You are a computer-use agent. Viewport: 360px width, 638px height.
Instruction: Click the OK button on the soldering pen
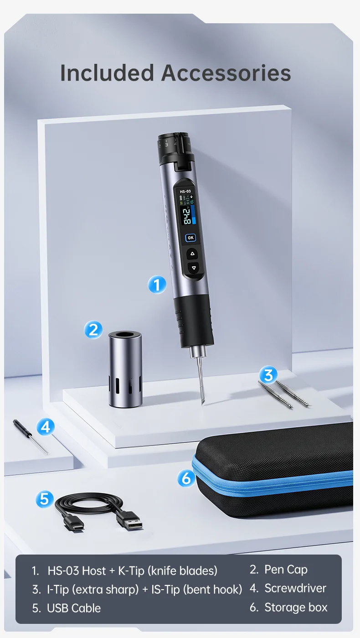190,238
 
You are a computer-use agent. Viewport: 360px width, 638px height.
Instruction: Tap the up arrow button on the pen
192,254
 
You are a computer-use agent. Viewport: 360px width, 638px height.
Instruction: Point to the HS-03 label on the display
185,192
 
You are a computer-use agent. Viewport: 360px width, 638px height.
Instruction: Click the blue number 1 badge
157,285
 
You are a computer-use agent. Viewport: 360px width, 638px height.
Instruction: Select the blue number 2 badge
93,330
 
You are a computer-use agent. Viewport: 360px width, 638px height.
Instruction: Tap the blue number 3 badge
268,375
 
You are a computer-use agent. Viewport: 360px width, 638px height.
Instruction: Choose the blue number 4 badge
46,427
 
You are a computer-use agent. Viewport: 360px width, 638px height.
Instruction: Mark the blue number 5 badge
45,499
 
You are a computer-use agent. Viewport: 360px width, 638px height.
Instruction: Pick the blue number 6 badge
186,478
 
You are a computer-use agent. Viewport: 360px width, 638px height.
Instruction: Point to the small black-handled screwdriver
31,437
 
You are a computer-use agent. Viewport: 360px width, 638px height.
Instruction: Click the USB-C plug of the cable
74,523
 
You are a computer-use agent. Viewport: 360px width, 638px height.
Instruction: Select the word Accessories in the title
226,73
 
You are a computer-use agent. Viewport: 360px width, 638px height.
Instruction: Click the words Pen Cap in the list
286,570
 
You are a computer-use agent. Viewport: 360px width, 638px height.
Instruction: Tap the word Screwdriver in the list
295,588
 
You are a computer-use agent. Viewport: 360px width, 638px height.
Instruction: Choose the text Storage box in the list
296,607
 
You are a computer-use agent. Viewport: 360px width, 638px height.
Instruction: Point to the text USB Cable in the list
74,608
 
